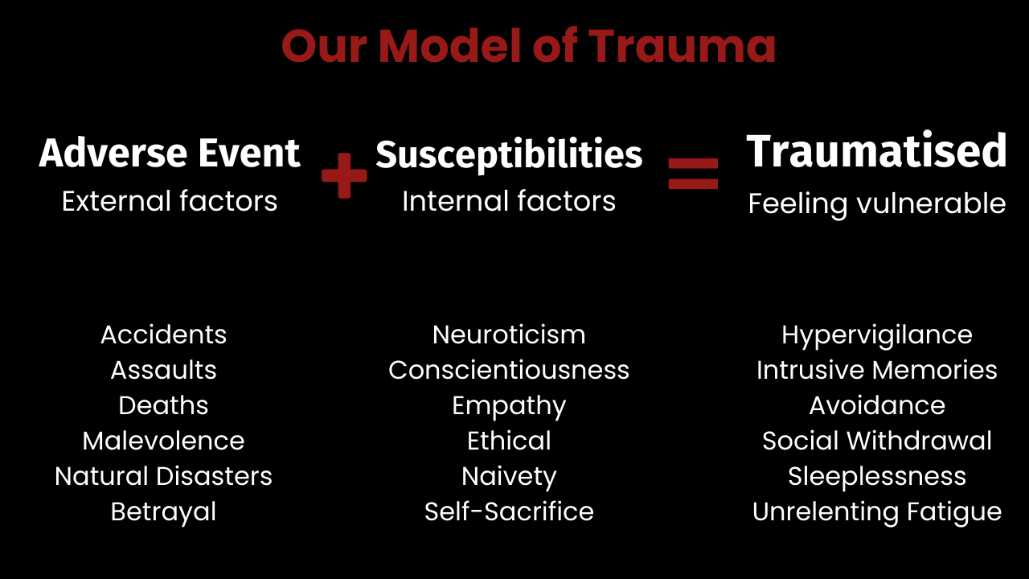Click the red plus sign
[344, 175]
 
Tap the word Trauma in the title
[683, 46]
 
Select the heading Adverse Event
[170, 153]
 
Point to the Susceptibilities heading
[509, 154]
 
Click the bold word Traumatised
[876, 151]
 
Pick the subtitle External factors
[170, 201]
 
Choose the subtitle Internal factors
[509, 201]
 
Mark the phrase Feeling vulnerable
[876, 204]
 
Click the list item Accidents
[164, 335]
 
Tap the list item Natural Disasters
[164, 476]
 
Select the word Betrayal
[164, 511]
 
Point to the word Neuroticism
[509, 335]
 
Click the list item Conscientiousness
[509, 370]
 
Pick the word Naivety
[509, 476]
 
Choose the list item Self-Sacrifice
[509, 511]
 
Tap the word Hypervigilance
[876, 335]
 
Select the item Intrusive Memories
[876, 370]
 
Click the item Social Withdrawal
[876, 441]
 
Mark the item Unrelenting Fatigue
[876, 511]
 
